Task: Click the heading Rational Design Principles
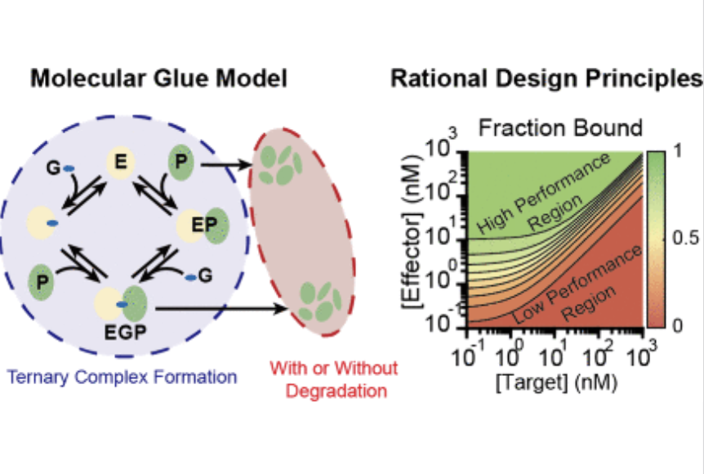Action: [546, 79]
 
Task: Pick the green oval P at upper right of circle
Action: [180, 163]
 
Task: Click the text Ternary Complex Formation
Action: [122, 377]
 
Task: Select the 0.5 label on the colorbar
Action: [684, 239]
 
